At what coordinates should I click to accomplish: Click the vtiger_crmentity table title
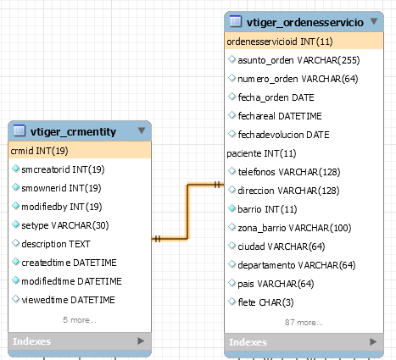[x=73, y=132]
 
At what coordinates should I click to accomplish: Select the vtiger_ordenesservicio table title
[x=305, y=22]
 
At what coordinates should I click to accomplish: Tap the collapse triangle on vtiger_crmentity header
[x=142, y=130]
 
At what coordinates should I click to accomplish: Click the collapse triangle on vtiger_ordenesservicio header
[x=374, y=21]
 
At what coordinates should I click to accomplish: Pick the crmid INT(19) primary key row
[x=39, y=151]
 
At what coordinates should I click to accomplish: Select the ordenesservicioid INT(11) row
[x=280, y=42]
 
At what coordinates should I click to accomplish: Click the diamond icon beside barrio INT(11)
[x=231, y=208]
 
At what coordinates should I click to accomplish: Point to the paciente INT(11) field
[x=261, y=153]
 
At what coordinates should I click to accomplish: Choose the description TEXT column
[x=56, y=244]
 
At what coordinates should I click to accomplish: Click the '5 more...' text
[x=80, y=320]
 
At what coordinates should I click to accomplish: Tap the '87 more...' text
[x=304, y=322]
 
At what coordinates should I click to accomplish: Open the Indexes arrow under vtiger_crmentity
[x=141, y=341]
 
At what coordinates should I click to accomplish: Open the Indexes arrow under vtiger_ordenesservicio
[x=373, y=342]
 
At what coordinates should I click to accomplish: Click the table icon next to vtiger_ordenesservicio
[x=236, y=21]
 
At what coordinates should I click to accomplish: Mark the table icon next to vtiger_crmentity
[x=20, y=130]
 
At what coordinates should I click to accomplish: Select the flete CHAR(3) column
[x=265, y=302]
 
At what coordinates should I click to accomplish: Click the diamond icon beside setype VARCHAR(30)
[x=16, y=224]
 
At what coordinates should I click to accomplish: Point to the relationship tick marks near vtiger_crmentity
[x=158, y=239]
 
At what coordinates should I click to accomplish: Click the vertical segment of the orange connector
[x=187, y=212]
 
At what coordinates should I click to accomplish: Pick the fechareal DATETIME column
[x=280, y=116]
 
